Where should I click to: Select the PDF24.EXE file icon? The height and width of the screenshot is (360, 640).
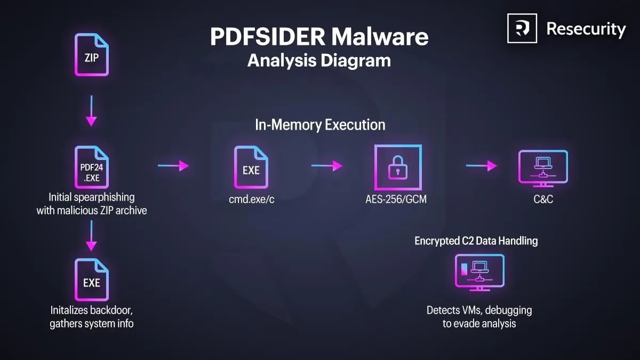(x=92, y=169)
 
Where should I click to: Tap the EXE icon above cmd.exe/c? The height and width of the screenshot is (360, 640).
(x=251, y=169)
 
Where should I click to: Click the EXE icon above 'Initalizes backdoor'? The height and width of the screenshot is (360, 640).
(x=92, y=281)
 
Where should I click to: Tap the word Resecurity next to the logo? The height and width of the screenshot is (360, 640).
(x=586, y=29)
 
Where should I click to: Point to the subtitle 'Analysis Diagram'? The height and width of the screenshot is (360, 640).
(x=319, y=60)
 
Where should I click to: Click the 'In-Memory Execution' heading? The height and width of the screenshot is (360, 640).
(x=320, y=125)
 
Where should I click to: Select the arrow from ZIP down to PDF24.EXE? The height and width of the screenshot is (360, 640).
(x=92, y=110)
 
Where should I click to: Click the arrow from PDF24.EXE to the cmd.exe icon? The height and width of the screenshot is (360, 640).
(x=173, y=166)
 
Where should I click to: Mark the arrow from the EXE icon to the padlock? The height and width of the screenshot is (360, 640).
(x=326, y=166)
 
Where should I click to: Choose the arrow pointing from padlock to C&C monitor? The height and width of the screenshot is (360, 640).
(x=481, y=166)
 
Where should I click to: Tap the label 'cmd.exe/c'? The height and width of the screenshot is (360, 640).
(x=251, y=200)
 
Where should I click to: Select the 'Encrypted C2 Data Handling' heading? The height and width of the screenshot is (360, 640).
(x=476, y=241)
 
